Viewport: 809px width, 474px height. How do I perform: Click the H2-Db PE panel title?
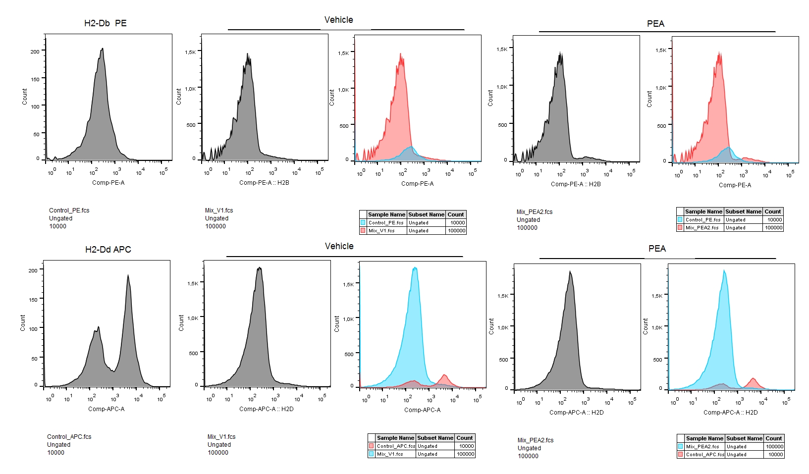[106, 23]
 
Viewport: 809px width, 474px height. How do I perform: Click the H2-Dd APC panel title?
[108, 250]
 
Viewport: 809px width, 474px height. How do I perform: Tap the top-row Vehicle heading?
[339, 20]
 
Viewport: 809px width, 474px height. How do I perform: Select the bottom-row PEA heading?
[657, 249]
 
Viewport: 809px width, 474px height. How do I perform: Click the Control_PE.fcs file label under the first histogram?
[69, 211]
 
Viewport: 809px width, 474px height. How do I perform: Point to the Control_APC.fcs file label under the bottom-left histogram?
[69, 437]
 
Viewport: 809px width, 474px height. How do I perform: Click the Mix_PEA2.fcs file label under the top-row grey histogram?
[535, 212]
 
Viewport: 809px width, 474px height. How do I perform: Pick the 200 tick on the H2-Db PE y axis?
[35, 52]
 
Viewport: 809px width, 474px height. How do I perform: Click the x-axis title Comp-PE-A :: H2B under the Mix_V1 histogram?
[264, 183]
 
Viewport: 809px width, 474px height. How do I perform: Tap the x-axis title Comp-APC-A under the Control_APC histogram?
[106, 409]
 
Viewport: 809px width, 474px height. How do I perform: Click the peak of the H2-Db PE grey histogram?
[103, 49]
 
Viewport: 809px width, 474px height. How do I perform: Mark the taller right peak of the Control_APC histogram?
[128, 275]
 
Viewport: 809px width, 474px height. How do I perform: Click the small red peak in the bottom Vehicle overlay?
[444, 375]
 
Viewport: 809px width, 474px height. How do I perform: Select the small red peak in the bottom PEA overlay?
[753, 379]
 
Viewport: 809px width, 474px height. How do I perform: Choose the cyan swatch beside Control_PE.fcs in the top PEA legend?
[680, 219]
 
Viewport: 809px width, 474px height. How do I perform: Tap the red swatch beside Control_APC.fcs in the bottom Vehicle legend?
[371, 446]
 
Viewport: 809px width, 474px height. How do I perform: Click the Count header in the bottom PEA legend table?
[774, 438]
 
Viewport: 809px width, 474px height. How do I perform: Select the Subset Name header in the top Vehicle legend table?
[426, 214]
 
